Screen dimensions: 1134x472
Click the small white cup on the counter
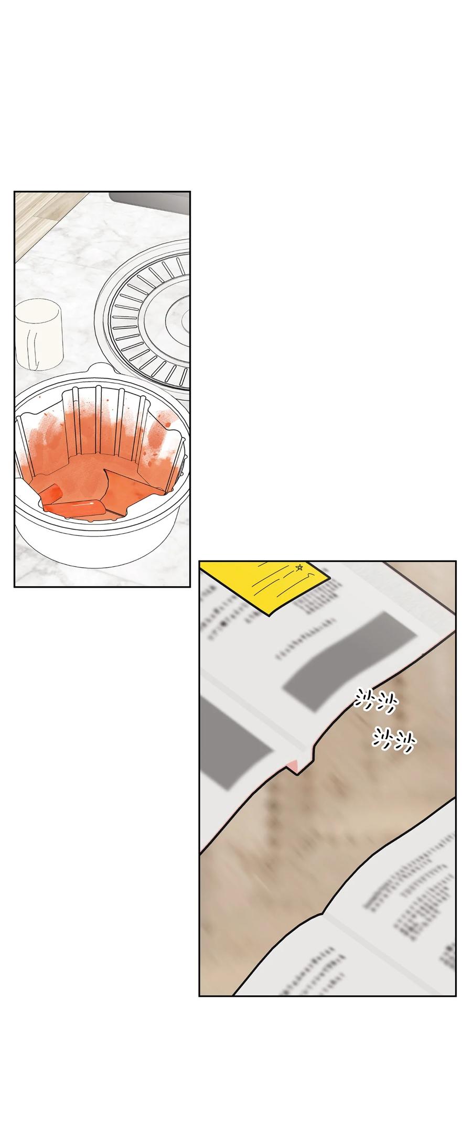39,334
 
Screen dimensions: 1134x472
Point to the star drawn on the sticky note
300,567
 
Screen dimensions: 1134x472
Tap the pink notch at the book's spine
295,766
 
